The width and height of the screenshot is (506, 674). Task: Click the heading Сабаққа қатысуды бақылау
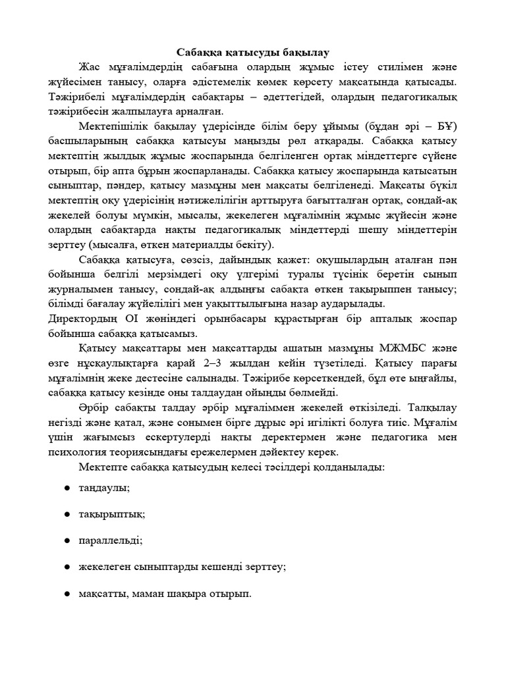coord(253,52)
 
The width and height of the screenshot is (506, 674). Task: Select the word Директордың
coord(85,319)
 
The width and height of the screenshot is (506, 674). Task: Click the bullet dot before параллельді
coord(67,540)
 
